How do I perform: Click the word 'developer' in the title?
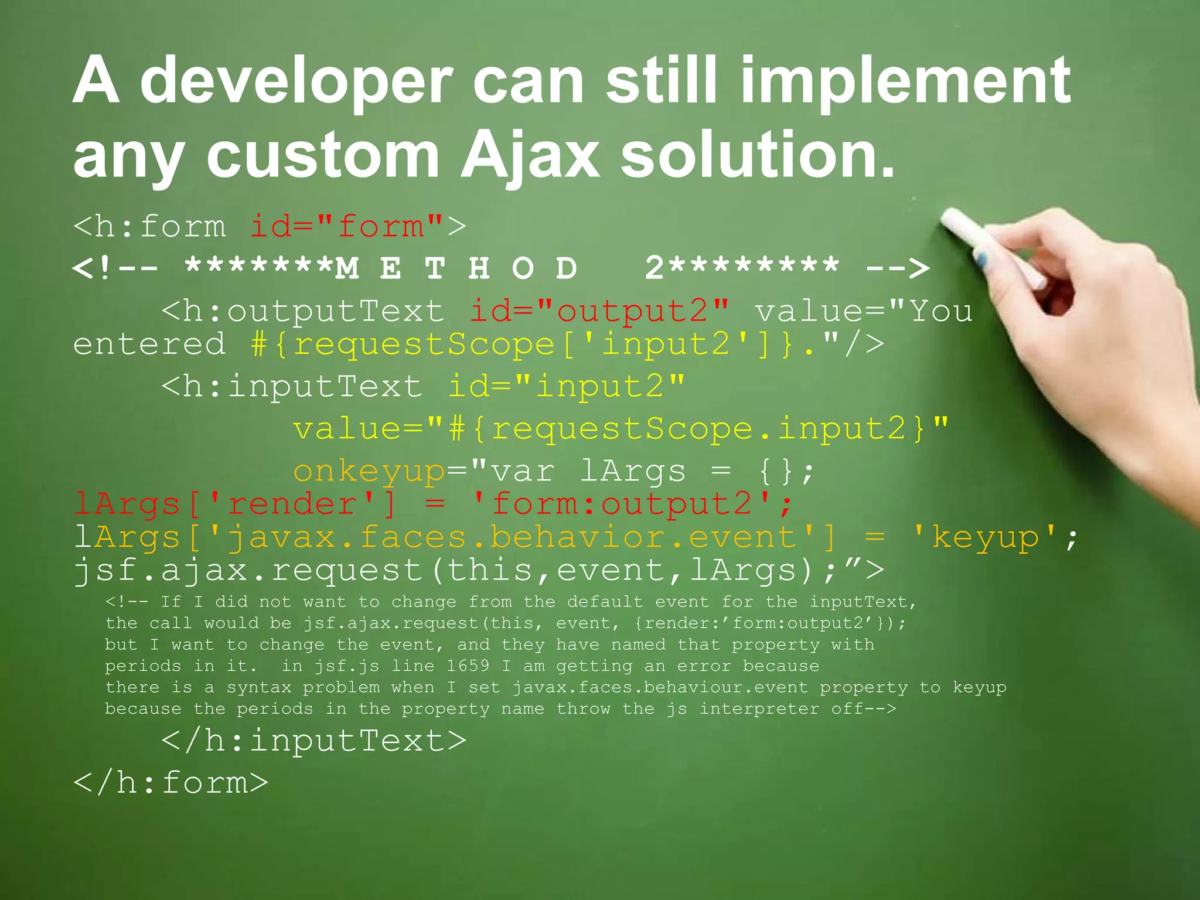pyautogui.click(x=296, y=82)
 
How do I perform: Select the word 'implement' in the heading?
pyautogui.click(x=905, y=82)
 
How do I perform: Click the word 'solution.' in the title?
pyautogui.click(x=758, y=155)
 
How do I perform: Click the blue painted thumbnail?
pyautogui.click(x=982, y=258)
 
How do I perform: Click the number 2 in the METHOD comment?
pyautogui.click(x=654, y=268)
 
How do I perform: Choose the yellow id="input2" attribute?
pyautogui.click(x=566, y=387)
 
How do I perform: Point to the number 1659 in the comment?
pyautogui.click(x=468, y=666)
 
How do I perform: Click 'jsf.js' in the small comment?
pyautogui.click(x=347, y=666)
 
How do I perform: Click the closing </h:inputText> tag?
pyautogui.click(x=314, y=741)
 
